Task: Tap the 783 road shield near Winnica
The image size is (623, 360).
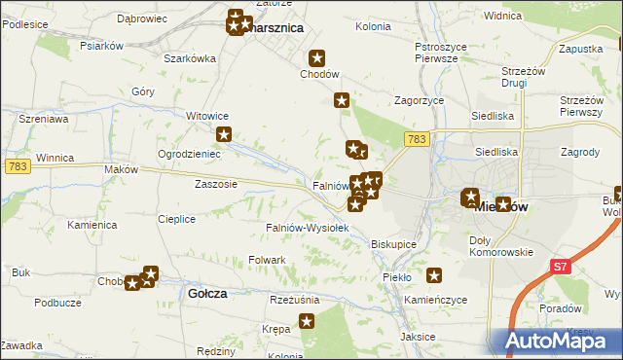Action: [x=18, y=167]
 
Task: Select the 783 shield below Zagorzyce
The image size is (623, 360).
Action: [x=418, y=141]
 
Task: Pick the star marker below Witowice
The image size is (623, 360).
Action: [x=224, y=135]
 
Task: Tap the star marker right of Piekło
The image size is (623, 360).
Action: [x=434, y=275]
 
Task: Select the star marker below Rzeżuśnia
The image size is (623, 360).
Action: [x=307, y=321]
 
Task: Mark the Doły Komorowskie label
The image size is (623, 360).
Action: [x=500, y=245]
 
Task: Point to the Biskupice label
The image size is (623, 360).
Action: [x=394, y=244]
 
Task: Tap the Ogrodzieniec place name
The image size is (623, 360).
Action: [x=190, y=154]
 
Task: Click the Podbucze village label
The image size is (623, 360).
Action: [x=57, y=303]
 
